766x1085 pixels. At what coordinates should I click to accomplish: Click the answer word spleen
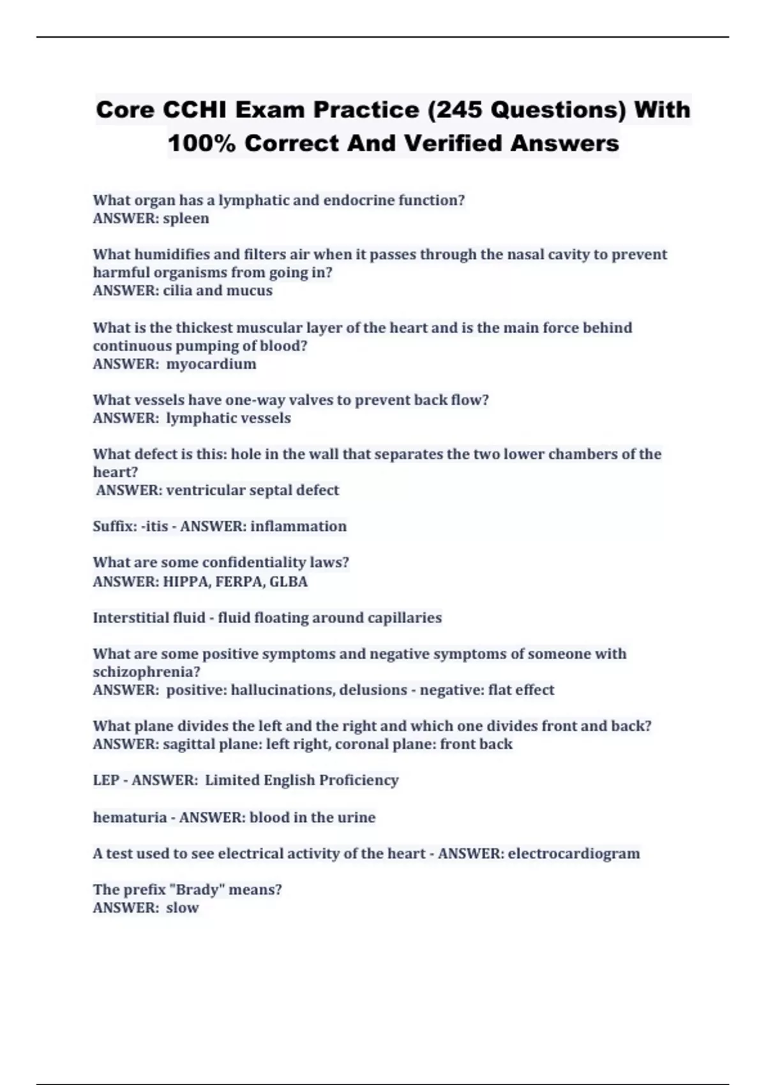(x=186, y=218)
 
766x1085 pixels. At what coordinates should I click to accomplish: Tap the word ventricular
(x=205, y=490)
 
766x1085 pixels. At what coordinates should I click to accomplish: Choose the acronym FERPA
(x=243, y=581)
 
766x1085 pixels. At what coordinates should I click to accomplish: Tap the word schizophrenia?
(x=147, y=672)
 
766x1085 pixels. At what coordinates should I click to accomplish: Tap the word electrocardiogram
(x=574, y=853)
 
